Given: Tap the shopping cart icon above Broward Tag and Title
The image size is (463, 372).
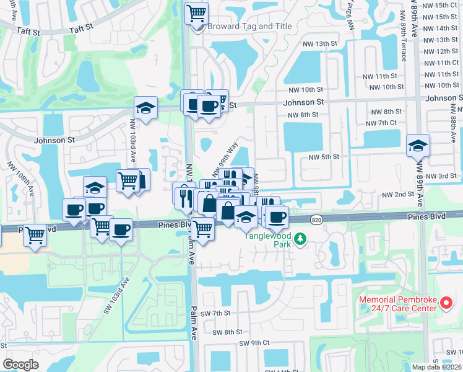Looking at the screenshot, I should [x=196, y=13].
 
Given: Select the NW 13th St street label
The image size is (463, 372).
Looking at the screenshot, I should [x=321, y=44].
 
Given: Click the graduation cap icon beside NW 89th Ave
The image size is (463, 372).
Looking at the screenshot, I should [x=418, y=146].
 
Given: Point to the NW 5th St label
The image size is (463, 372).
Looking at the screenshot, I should [x=324, y=157].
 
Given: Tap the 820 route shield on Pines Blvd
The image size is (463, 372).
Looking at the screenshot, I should [x=316, y=219].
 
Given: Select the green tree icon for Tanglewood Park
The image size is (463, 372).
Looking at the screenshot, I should [x=300, y=238].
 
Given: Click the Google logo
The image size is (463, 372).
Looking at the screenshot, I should [x=20, y=364].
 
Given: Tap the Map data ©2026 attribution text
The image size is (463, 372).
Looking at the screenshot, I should [x=436, y=367].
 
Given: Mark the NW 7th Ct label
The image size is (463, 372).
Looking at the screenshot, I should [x=381, y=123].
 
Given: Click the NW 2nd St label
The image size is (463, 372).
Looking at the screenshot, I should [x=397, y=195].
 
